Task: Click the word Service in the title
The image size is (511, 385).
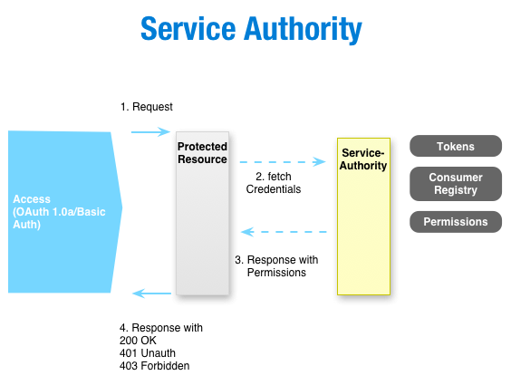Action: click(x=188, y=29)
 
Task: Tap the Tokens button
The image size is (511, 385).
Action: click(x=455, y=147)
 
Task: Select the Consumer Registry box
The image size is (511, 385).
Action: click(x=455, y=184)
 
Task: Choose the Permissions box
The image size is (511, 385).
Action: click(x=455, y=222)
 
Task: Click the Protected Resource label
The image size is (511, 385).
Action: click(x=202, y=152)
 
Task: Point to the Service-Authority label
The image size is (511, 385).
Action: click(x=363, y=159)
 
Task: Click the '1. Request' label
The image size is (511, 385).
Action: click(x=146, y=107)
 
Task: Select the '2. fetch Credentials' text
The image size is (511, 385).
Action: click(x=274, y=183)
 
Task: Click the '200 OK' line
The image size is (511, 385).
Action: click(x=139, y=341)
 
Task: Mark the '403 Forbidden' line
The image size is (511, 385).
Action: click(x=154, y=366)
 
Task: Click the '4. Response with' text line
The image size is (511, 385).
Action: click(x=161, y=328)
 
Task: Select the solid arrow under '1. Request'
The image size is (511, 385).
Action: click(x=150, y=132)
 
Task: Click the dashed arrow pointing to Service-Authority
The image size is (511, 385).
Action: click(x=282, y=162)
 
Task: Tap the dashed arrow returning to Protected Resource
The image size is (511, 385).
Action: click(x=282, y=232)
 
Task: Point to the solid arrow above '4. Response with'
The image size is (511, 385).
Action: click(x=152, y=294)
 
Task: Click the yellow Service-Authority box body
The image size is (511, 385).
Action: click(x=363, y=236)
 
